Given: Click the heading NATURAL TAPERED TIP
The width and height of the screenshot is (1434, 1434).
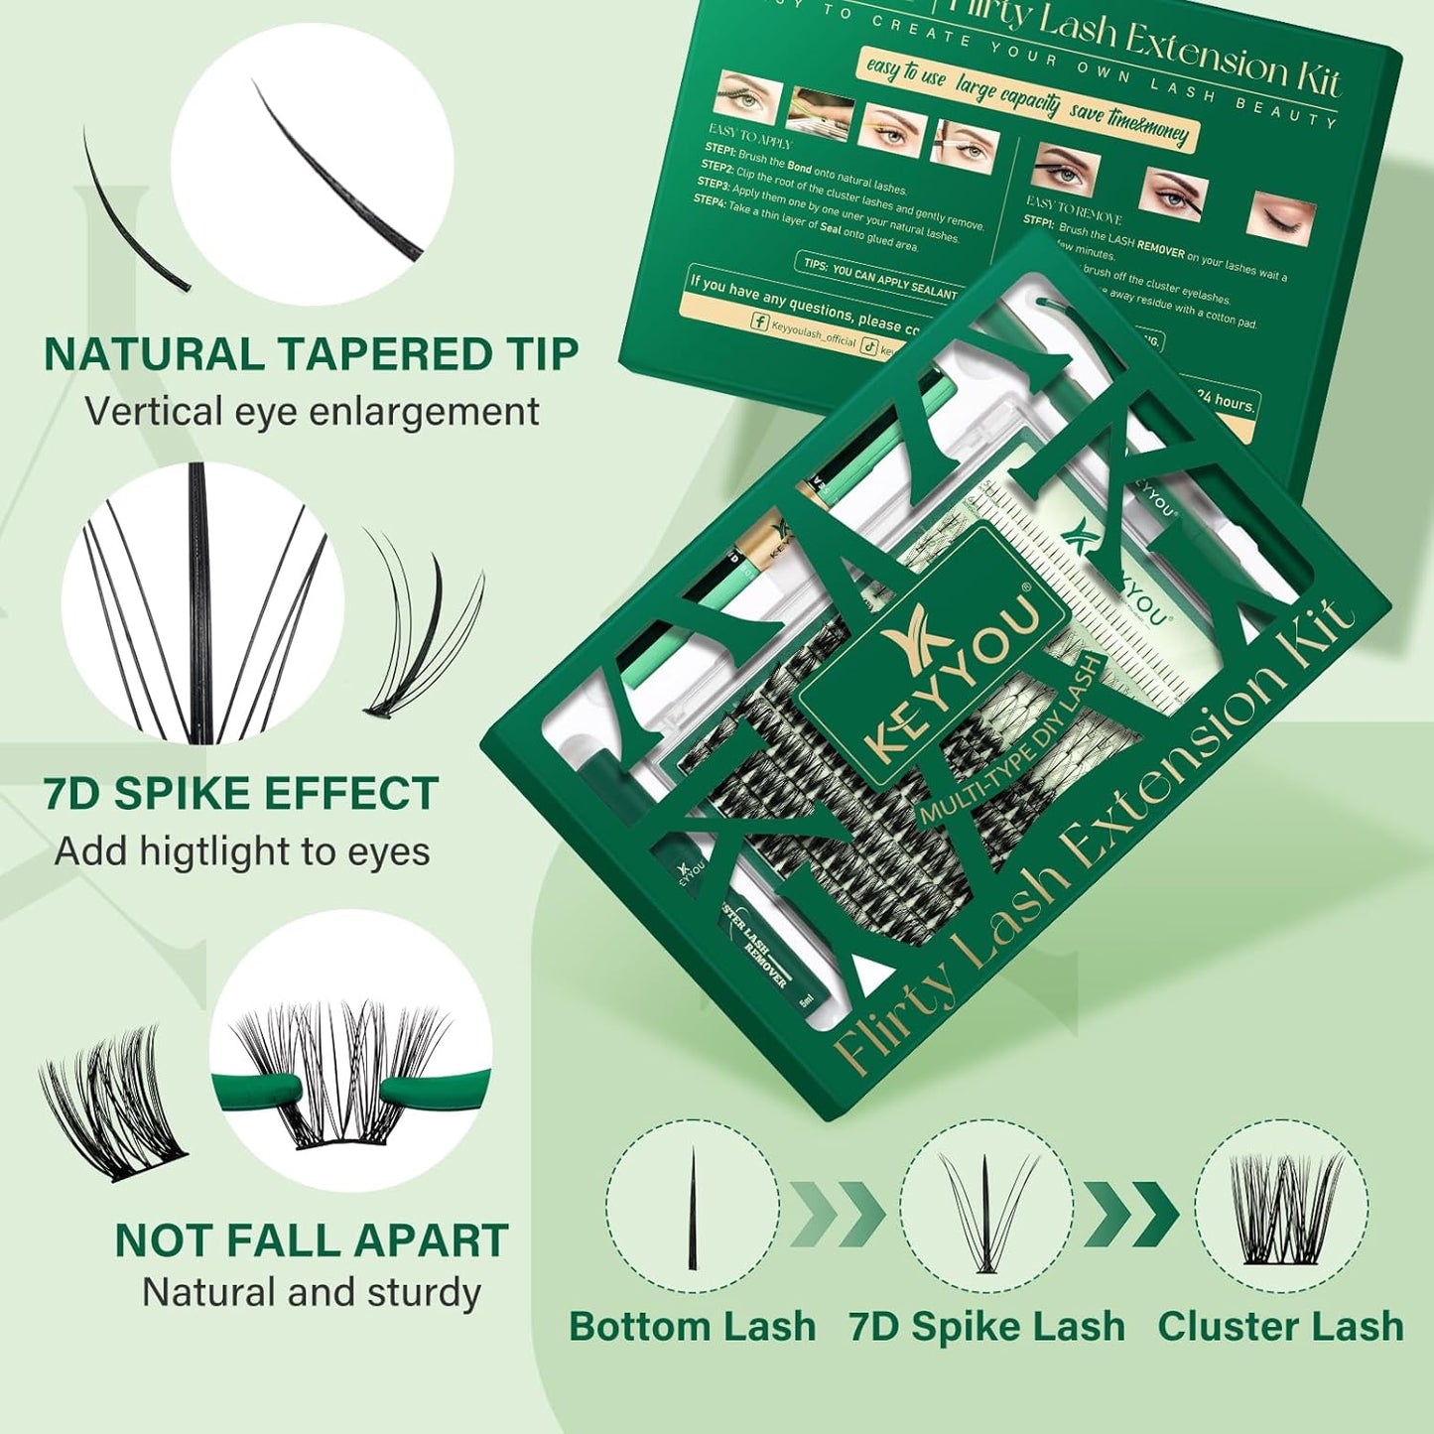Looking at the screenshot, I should [x=311, y=355].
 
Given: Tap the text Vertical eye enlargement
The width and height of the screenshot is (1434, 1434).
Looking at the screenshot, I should [x=311, y=412].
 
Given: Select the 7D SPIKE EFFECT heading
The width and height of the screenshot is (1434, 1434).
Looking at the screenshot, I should [x=240, y=794].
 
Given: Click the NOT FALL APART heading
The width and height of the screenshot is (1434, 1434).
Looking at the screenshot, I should [x=311, y=1240].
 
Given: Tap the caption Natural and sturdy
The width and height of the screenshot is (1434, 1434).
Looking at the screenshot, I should [x=311, y=1293].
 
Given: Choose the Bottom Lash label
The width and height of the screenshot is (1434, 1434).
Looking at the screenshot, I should [x=692, y=1327].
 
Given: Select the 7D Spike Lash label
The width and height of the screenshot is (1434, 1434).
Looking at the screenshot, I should [x=986, y=1327].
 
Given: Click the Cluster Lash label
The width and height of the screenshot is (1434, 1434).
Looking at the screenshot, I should [x=1280, y=1327].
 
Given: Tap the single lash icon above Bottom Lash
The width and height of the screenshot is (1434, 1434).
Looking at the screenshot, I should [x=692, y=1209].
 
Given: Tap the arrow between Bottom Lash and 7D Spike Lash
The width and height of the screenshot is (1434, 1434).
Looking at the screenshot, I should [x=839, y=1213].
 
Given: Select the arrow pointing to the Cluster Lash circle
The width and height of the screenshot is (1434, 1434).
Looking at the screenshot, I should [x=1131, y=1213].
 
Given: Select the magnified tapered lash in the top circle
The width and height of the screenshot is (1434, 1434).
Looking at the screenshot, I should [x=337, y=169].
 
